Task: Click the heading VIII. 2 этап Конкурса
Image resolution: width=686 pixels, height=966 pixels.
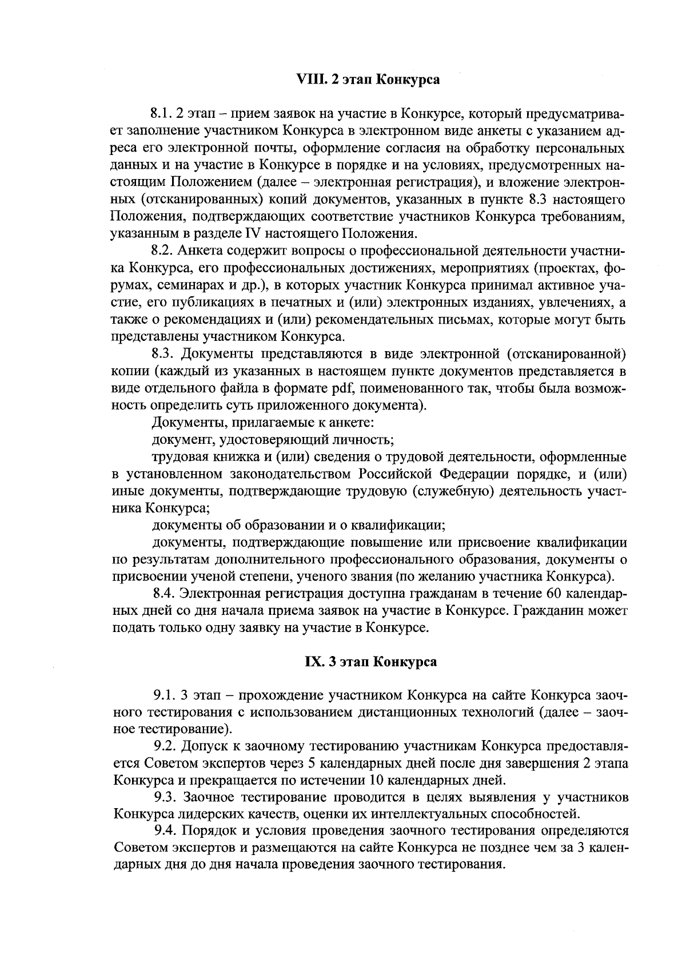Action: (x=369, y=79)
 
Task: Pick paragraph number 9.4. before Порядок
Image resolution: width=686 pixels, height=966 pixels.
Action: (x=165, y=831)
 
